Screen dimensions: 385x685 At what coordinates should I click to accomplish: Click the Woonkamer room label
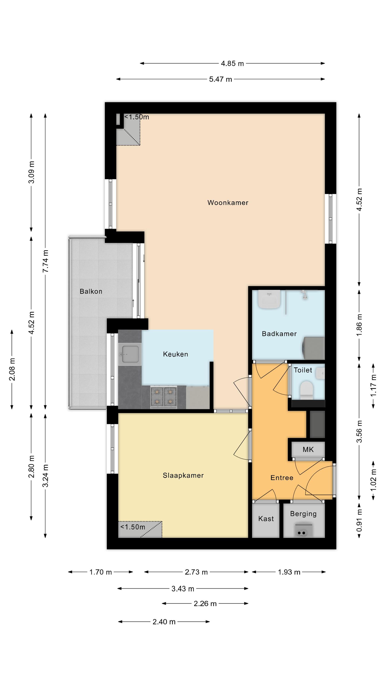(228, 203)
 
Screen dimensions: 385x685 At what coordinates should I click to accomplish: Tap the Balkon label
(91, 291)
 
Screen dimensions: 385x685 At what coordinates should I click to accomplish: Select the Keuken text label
(175, 354)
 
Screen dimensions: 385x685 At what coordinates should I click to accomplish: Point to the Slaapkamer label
(183, 475)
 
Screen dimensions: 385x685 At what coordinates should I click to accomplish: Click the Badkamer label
(279, 334)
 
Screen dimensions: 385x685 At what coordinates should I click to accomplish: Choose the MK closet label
(308, 449)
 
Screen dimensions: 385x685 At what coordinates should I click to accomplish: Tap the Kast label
(266, 519)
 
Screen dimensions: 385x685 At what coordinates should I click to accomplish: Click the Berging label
(303, 514)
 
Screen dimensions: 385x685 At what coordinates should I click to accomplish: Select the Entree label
(282, 478)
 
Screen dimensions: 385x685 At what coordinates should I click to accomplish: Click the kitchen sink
(130, 354)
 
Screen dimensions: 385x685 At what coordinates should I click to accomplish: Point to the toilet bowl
(306, 390)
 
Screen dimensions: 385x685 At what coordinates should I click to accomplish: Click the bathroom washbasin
(269, 299)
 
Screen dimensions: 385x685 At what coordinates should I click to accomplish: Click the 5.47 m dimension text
(221, 79)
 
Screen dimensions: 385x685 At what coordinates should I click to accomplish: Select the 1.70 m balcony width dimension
(100, 572)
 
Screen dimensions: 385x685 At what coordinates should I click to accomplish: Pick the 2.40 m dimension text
(164, 622)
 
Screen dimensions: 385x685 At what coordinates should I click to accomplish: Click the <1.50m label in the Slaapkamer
(133, 527)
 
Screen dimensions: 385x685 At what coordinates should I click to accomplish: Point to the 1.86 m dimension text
(359, 325)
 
